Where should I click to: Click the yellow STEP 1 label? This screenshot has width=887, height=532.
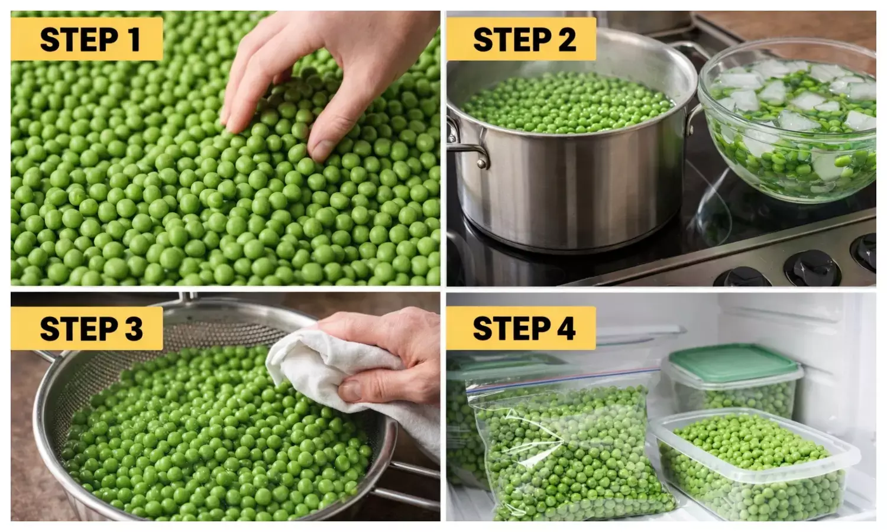click(x=86, y=39)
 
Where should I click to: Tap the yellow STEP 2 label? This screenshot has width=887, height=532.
click(x=522, y=39)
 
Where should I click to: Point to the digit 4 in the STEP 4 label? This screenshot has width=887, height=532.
click(x=566, y=328)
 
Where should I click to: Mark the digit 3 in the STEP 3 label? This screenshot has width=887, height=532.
click(x=133, y=329)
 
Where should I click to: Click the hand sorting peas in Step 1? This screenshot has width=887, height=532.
click(x=331, y=71)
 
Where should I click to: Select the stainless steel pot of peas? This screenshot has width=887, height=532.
click(x=568, y=148)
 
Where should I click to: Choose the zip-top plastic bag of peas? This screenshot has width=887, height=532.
click(x=568, y=449)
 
